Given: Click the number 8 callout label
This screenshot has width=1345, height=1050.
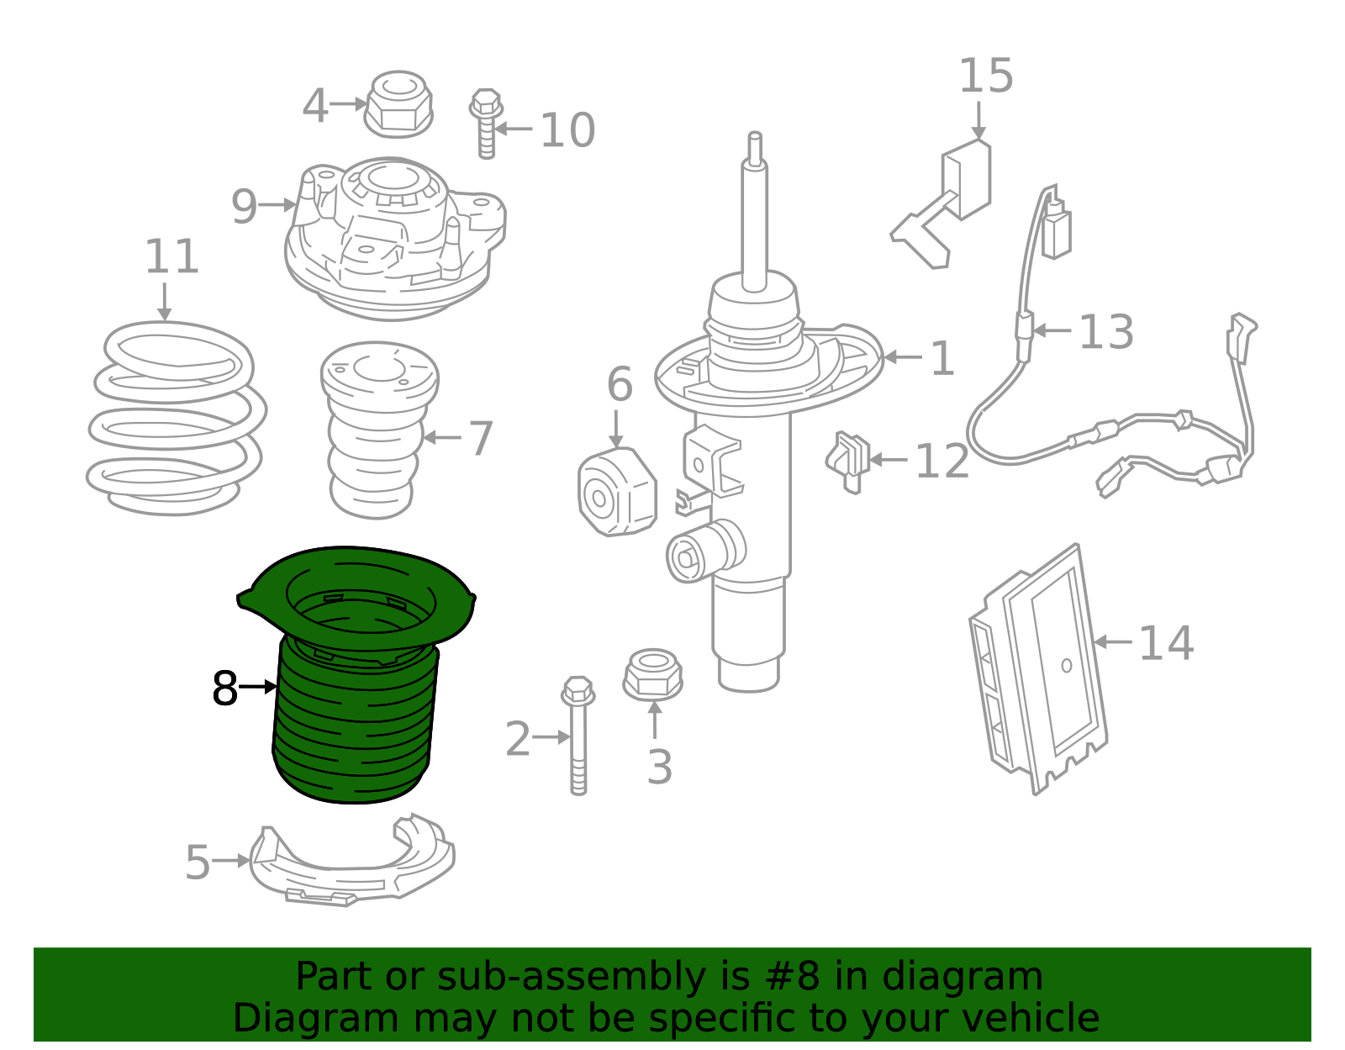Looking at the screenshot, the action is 224,688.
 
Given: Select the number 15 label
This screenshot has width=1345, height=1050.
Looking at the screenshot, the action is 986,77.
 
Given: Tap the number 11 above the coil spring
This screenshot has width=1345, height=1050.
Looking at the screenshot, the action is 171,256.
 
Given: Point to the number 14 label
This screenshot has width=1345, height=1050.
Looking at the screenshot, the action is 1166,643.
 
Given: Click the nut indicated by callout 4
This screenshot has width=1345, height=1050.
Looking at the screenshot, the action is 398,104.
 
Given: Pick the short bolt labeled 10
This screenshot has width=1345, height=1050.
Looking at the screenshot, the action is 486,124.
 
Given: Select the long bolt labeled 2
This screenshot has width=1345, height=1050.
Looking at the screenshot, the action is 578,735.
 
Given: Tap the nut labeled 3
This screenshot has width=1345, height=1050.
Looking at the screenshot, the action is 653,676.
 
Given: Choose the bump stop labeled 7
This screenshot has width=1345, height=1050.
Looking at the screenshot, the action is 378,430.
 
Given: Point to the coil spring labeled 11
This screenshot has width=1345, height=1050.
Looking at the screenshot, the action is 177,419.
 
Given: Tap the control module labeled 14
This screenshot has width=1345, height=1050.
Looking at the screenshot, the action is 1038,669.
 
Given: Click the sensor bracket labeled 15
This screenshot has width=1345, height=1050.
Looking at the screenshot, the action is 941,205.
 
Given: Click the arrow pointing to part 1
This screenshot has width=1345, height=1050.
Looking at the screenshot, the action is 903,357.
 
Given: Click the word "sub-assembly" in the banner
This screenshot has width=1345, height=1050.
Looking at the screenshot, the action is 572,976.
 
